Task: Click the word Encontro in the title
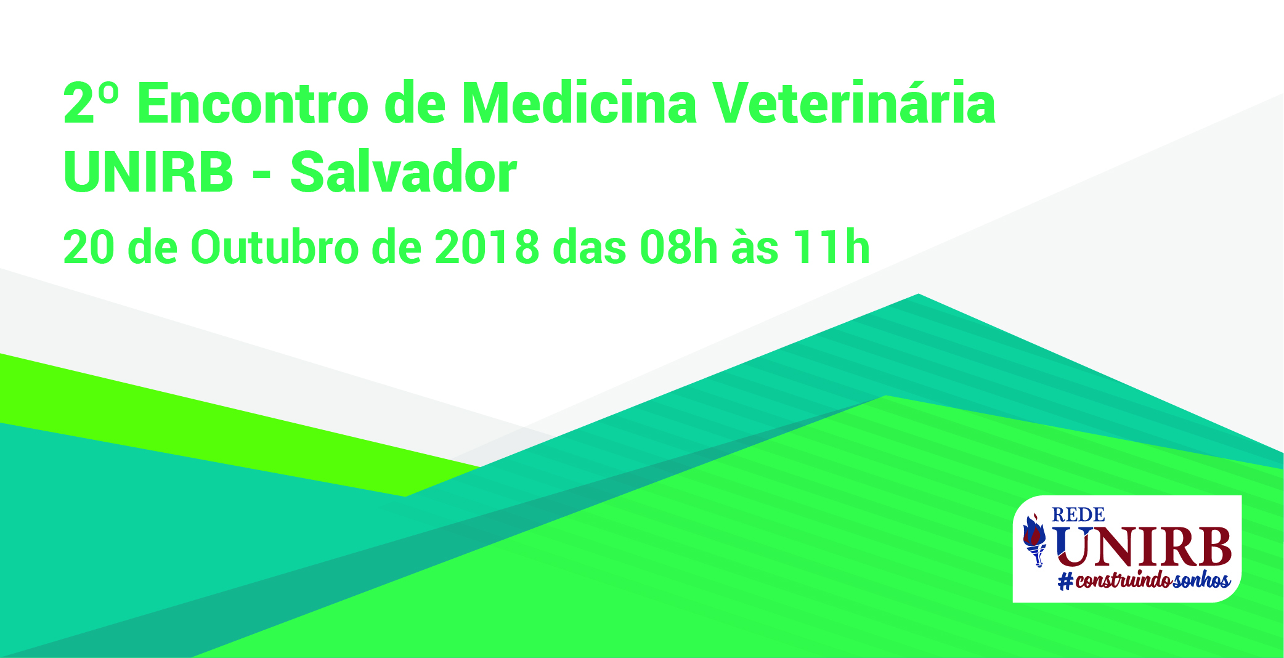coord(253,103)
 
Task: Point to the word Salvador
coord(404,173)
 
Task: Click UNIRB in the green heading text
coord(148,173)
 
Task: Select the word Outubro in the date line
coord(275,248)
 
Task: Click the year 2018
coord(487,248)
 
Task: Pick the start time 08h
coord(679,248)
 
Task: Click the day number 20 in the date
coord(89,248)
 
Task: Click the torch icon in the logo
coord(1034,540)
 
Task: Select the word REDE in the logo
coord(1078,514)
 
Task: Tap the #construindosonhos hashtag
coord(1144,580)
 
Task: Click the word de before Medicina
coord(415,103)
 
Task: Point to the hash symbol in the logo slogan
coord(1065,581)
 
